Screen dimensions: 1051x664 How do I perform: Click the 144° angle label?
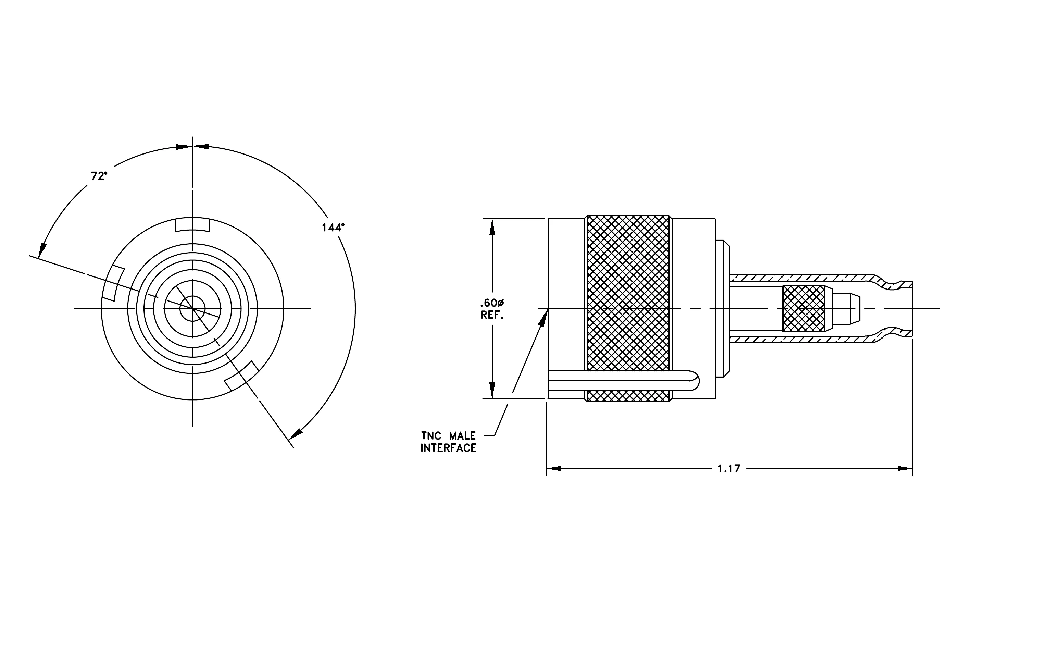(333, 228)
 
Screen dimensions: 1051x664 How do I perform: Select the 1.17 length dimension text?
(729, 469)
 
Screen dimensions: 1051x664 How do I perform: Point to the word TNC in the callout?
(431, 436)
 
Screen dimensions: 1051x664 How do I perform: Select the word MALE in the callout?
(463, 436)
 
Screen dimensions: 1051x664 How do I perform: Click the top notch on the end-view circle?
(192, 225)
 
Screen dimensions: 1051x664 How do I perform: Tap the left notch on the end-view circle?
(113, 283)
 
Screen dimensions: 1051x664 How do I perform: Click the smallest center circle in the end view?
(192, 309)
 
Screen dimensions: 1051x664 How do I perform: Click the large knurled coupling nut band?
(628, 308)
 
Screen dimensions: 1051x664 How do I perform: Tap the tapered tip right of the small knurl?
(847, 309)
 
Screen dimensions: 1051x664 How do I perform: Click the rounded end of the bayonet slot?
(693, 381)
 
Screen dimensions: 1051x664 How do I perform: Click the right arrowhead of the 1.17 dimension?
(905, 468)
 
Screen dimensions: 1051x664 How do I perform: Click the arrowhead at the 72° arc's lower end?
(42, 250)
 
